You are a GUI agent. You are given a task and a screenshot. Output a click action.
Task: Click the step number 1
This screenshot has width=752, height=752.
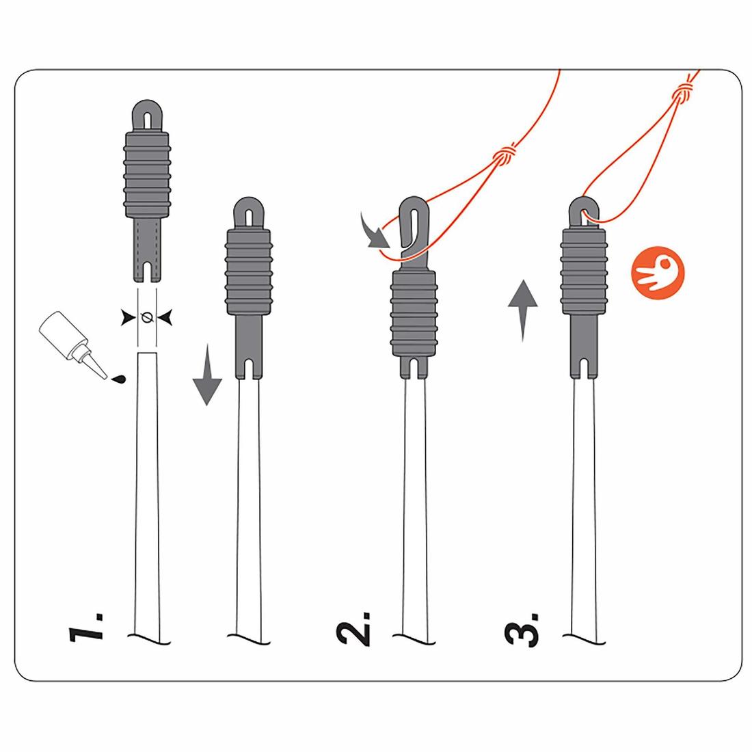coord(86,626)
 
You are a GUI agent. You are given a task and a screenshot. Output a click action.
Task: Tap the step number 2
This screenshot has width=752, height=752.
coord(354,629)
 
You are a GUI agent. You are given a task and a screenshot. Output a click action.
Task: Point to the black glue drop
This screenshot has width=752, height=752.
coord(118,379)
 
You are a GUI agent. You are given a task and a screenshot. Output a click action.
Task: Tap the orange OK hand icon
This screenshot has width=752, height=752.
coord(658,273)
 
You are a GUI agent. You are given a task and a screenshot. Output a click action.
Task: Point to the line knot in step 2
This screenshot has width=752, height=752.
coord(505,155)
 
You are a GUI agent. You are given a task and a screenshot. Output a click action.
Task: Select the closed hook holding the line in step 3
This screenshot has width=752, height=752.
coord(584,211)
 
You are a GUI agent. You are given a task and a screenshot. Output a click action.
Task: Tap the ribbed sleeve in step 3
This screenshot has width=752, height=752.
coord(584,271)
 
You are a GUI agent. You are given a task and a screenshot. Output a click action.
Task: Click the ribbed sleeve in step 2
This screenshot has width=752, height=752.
coord(414,313)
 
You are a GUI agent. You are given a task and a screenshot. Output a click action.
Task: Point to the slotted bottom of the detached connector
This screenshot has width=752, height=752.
coord(147,250)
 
